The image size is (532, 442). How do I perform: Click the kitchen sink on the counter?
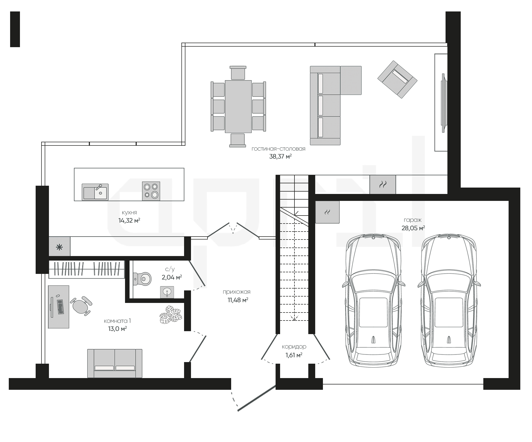[x=95, y=192]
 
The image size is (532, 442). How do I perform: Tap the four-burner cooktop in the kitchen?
[x=151, y=191]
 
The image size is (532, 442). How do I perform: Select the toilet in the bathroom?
[x=142, y=279]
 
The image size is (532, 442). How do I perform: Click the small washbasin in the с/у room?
[x=167, y=292]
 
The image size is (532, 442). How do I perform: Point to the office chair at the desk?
[x=81, y=306]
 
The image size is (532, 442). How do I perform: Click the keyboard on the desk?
[x=60, y=307]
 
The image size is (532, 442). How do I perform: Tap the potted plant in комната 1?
[x=171, y=315]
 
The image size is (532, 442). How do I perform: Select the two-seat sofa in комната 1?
[x=115, y=363]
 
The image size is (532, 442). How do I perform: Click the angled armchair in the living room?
[x=397, y=79]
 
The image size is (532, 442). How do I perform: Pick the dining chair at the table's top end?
[x=238, y=72]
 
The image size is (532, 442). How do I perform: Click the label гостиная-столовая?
[x=279, y=149]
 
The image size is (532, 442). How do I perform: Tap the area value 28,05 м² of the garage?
[x=413, y=228]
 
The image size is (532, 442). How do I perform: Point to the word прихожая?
[x=236, y=292]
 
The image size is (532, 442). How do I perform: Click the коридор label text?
[x=294, y=347]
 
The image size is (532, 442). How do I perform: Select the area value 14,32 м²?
[x=129, y=221]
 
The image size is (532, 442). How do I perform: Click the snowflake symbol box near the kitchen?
[x=59, y=246]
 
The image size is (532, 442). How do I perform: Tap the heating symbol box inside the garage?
[x=327, y=212]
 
